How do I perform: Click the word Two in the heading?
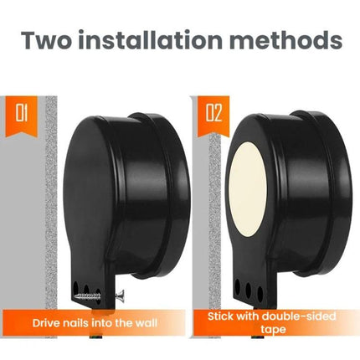click(46, 40)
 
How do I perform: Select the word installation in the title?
click(150, 40)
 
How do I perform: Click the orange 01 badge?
click(21, 116)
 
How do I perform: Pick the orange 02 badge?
click(213, 116)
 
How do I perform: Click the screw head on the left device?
click(120, 294)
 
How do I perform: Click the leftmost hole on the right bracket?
click(238, 287)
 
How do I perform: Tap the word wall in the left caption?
click(147, 323)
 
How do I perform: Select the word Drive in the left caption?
click(46, 323)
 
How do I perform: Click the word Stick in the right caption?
click(220, 316)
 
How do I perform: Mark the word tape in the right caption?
click(273, 330)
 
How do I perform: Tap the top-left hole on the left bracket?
click(75, 286)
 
